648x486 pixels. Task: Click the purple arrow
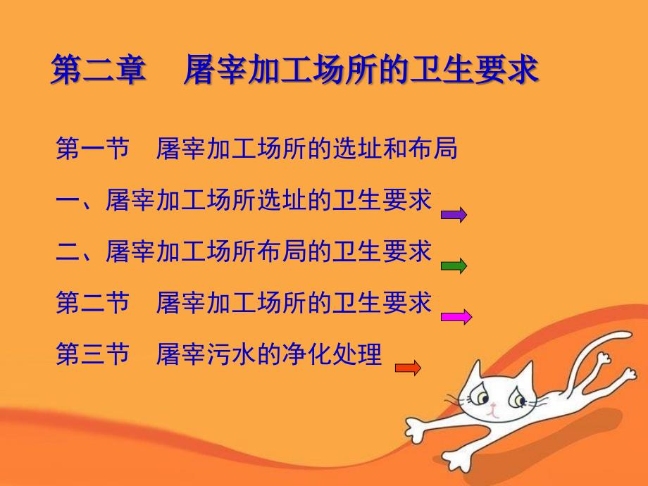[x=454, y=215]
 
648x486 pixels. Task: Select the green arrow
[x=454, y=266]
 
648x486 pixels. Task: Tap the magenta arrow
[x=456, y=317]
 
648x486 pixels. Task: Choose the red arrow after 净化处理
[x=408, y=368]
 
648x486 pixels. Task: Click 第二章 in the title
[x=99, y=70]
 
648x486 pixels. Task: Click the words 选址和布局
[x=396, y=149]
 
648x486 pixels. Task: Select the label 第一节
[x=92, y=149]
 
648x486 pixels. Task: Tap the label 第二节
[x=92, y=302]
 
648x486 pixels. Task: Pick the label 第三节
[x=92, y=354]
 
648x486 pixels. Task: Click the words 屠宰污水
[x=206, y=354]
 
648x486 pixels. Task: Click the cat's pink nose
[x=492, y=406]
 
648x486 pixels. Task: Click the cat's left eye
[x=482, y=397]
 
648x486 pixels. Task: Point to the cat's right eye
[x=517, y=399]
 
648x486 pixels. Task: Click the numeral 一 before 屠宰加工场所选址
[x=68, y=200]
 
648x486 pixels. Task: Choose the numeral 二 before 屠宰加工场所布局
[x=68, y=251]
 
